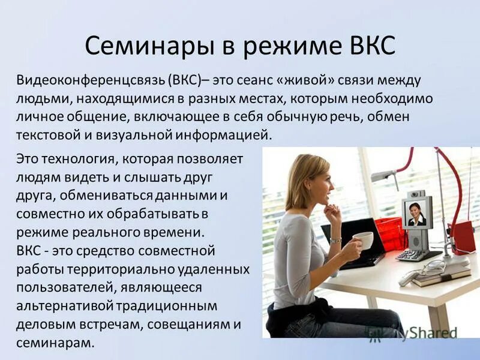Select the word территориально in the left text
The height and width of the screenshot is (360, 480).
tap(155, 266)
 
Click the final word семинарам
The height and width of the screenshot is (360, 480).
tap(55, 343)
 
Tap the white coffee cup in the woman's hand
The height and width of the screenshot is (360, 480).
tap(363, 240)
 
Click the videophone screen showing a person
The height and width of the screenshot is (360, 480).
tap(416, 212)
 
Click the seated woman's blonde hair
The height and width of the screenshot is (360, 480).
tap(301, 174)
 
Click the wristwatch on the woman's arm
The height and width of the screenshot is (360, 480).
tap(335, 241)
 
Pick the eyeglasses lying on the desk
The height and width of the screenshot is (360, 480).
tap(431, 268)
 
